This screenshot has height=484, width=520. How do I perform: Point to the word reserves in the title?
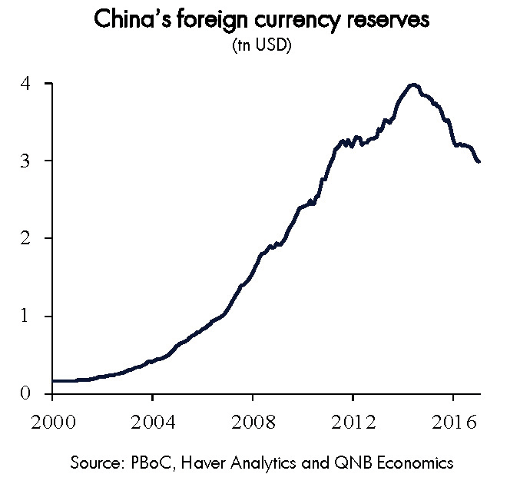384,22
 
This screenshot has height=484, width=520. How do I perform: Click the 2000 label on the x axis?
52,422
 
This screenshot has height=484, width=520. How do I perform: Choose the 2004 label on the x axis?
152,422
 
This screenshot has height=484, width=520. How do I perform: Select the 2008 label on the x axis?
253,422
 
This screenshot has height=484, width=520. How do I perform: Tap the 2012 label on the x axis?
353,422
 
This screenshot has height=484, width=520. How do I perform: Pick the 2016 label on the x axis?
452,422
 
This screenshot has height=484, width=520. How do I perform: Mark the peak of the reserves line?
414,85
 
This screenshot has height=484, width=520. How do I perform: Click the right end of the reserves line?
479,161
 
